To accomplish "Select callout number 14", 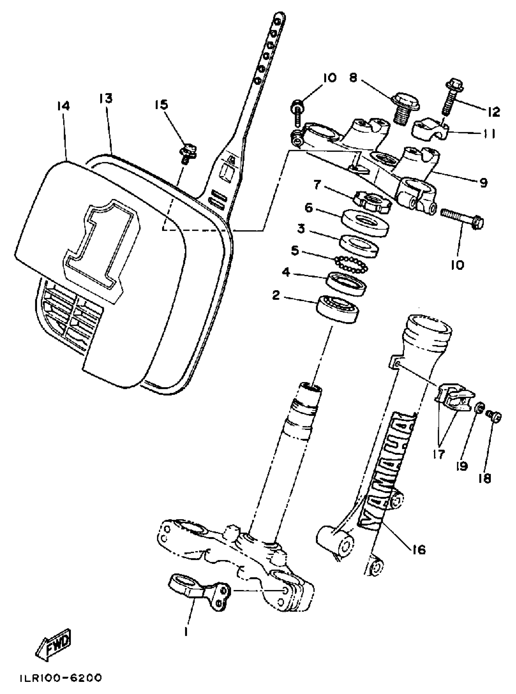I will coord(63,106).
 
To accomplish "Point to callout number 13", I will coord(106,99).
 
